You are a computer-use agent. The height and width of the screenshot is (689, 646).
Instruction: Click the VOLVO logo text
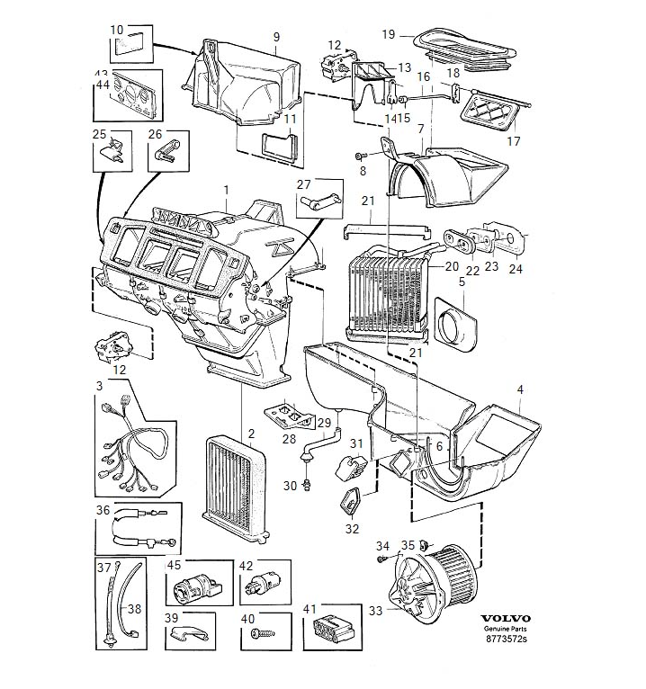[507, 619]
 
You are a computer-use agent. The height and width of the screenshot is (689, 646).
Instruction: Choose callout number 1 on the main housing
[228, 191]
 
